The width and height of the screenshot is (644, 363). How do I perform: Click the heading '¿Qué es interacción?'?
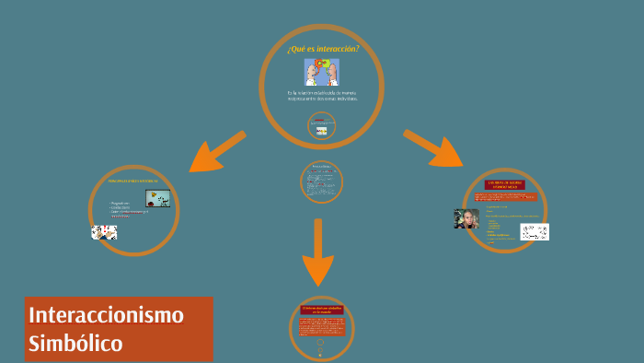tap(321, 48)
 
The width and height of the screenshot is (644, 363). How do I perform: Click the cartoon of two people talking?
tap(321, 72)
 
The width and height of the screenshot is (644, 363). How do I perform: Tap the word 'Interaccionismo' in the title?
tap(106, 315)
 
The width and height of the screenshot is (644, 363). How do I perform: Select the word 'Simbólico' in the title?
tap(75, 344)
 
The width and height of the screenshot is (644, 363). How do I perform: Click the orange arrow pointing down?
tap(317, 252)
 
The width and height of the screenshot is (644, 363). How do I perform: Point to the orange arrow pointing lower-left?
tap(217, 151)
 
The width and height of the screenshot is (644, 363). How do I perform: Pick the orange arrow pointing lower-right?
tap(432, 148)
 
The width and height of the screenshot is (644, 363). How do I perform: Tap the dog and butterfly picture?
tap(157, 198)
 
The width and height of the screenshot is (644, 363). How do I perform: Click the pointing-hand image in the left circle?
tap(104, 232)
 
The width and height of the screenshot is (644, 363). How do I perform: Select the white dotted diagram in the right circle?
tap(534, 231)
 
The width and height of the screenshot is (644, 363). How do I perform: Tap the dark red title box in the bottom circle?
tap(321, 310)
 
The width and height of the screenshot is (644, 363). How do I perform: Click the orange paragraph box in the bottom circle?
tap(321, 326)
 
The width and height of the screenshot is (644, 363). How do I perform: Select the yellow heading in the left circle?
tap(133, 181)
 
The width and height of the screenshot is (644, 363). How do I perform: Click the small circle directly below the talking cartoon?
tap(321, 126)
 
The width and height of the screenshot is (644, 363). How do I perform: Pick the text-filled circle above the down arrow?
tap(321, 181)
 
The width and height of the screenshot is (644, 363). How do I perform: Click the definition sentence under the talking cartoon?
tap(321, 95)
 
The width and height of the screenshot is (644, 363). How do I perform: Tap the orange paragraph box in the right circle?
tap(504, 197)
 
